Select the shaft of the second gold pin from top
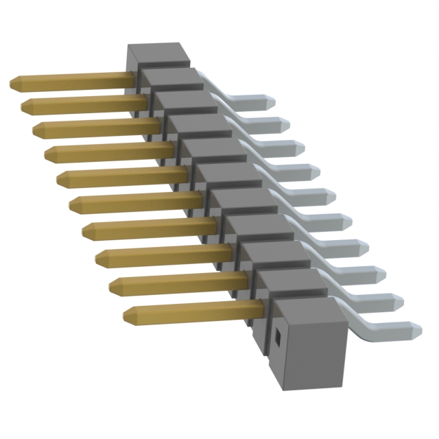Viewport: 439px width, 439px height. pos(82,104)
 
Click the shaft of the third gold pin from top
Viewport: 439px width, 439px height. pos(96,128)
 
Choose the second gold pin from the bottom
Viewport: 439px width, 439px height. pos(178,282)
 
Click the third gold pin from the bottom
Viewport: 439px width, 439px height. pos(165,256)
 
